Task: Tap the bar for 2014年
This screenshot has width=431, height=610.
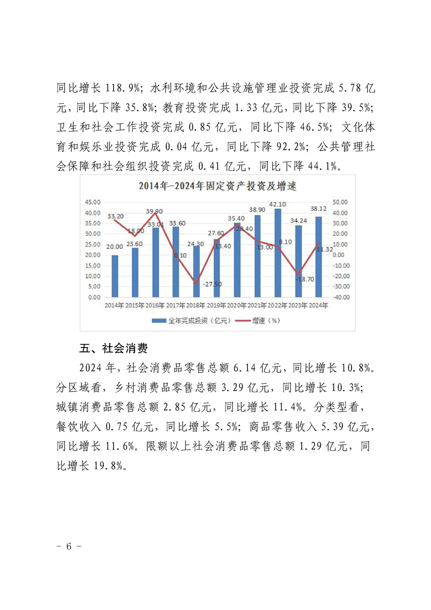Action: click(115, 276)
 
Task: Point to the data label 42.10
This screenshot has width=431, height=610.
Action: click(278, 204)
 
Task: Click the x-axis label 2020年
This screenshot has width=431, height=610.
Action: click(237, 306)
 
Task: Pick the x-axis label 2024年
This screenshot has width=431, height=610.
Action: click(318, 306)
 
